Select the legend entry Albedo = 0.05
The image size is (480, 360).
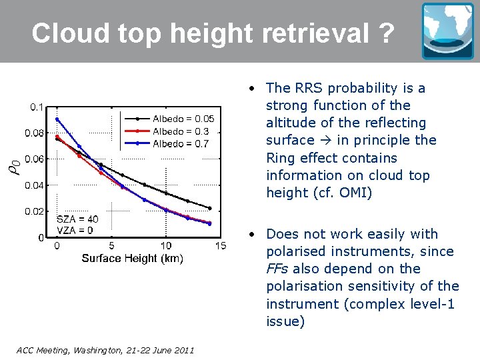click(183, 119)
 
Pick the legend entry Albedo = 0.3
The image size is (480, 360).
click(181, 131)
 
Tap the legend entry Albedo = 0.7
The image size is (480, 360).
click(181, 143)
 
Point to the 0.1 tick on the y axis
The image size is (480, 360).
click(37, 107)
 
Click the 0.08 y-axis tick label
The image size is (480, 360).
click(35, 133)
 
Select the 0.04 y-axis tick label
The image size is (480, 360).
click(35, 185)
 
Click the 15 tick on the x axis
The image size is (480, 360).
click(220, 246)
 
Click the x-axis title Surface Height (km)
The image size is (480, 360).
click(132, 258)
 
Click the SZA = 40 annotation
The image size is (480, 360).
click(77, 219)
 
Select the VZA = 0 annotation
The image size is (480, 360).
click(75, 230)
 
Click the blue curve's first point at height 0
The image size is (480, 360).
click(57, 119)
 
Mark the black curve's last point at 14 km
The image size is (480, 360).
click(209, 208)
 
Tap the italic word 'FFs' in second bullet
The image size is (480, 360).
click(277, 269)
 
